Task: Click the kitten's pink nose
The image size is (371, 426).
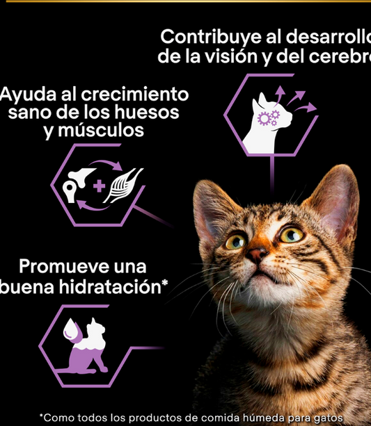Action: point(256,254)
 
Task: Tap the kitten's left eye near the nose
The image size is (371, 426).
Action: point(235,242)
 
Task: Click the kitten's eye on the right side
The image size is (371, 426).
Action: point(291,234)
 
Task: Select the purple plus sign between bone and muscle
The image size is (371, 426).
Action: point(99,186)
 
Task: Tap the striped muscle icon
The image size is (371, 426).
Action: point(123,186)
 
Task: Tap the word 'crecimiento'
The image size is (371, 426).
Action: point(135,95)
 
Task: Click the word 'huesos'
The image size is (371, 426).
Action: point(147,112)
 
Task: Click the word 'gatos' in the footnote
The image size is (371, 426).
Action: point(329,418)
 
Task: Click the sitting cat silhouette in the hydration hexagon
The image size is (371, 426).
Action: point(86,345)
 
